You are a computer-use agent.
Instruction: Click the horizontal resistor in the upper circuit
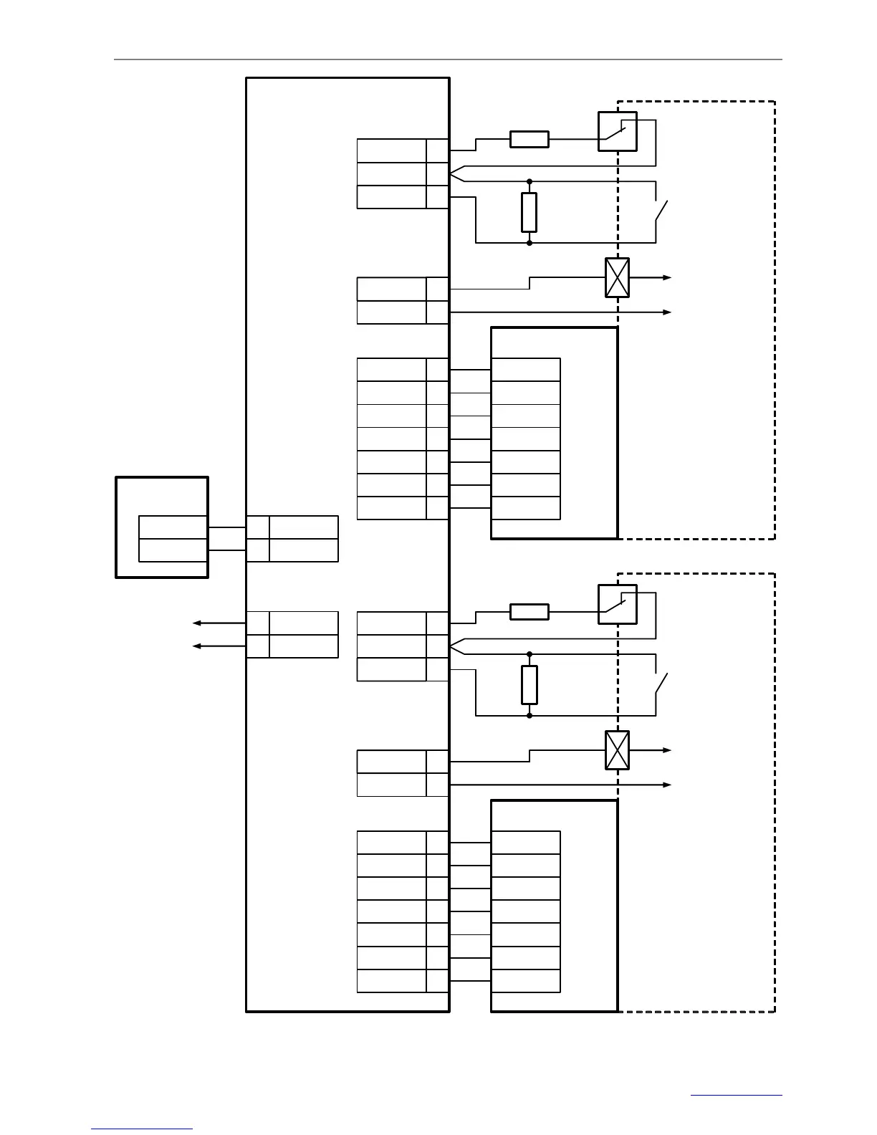(x=529, y=139)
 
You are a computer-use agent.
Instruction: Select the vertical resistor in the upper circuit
(x=529, y=212)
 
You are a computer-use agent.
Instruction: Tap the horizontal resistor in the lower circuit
(x=529, y=611)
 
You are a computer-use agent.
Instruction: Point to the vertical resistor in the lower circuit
(x=529, y=684)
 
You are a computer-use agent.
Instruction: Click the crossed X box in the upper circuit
(x=617, y=277)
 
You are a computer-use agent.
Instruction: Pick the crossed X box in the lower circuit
(x=617, y=750)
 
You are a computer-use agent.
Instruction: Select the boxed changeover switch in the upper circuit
(x=617, y=131)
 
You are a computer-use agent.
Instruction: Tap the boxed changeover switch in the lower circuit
(x=617, y=604)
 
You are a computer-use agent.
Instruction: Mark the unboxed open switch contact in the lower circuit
(x=661, y=685)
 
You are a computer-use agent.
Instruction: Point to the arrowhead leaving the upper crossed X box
(x=667, y=277)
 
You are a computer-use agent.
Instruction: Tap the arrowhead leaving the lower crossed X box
(x=667, y=750)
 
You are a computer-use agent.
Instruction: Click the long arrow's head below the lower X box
(x=667, y=785)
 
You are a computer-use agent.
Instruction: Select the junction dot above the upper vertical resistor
(x=529, y=181)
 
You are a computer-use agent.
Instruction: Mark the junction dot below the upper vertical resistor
(x=529, y=243)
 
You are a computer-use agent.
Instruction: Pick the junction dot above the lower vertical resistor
(x=529, y=653)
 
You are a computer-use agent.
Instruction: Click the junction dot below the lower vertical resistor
(x=529, y=715)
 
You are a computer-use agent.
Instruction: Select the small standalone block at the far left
(x=162, y=527)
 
